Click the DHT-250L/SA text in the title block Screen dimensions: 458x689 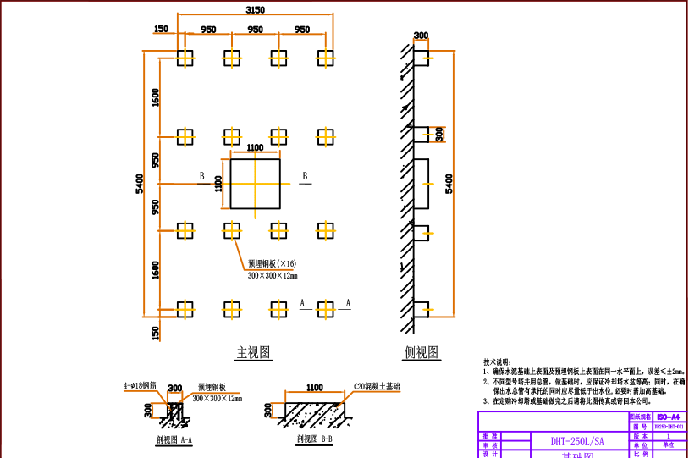(577, 441)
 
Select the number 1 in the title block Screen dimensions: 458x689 (669, 435)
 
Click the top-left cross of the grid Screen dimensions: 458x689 (185, 58)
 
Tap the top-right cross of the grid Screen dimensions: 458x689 (326, 58)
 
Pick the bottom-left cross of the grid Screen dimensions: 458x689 (185, 310)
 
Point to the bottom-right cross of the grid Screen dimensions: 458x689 (326, 310)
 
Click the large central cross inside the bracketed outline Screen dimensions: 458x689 (255, 184)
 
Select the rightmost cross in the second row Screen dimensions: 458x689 (326, 136)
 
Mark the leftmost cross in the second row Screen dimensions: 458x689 (185, 136)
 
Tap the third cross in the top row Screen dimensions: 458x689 (278, 58)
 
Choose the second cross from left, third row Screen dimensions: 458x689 (232, 230)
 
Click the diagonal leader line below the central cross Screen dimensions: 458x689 (240, 256)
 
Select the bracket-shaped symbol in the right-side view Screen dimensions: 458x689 (438, 135)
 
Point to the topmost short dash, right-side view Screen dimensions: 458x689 (428, 58)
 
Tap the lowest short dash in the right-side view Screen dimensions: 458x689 (428, 310)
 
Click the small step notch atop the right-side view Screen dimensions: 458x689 (422, 41)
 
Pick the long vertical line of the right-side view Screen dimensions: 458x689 (454, 183)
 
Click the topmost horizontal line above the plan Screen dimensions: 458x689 (255, 14)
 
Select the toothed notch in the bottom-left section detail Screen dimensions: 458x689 (174, 395)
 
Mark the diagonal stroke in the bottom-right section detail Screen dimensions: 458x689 (343, 399)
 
